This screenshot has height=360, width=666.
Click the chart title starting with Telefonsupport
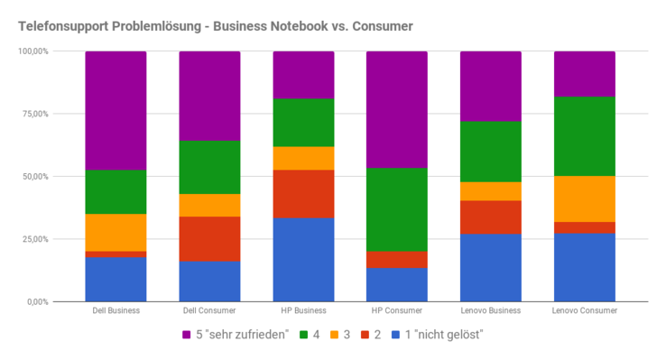pyautogui.click(x=215, y=26)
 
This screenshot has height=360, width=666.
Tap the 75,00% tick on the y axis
pyautogui.click(x=33, y=114)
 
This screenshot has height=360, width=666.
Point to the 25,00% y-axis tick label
pyautogui.click(x=33, y=239)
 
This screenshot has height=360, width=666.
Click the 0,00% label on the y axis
pyautogui.click(x=36, y=301)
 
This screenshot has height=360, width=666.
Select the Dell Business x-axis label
pyautogui.click(x=116, y=312)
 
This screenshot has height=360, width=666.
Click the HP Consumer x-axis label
pyautogui.click(x=397, y=312)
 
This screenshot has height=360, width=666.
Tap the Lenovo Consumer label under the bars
pyautogui.click(x=584, y=312)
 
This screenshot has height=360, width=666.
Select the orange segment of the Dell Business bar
pyautogui.click(x=116, y=232)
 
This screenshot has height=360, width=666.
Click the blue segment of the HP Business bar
pyautogui.click(x=303, y=259)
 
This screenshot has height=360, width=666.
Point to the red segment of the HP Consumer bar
pyautogui.click(x=397, y=259)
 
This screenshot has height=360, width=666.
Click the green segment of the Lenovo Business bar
pyautogui.click(x=491, y=152)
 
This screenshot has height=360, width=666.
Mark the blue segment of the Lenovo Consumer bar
pyautogui.click(x=584, y=267)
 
